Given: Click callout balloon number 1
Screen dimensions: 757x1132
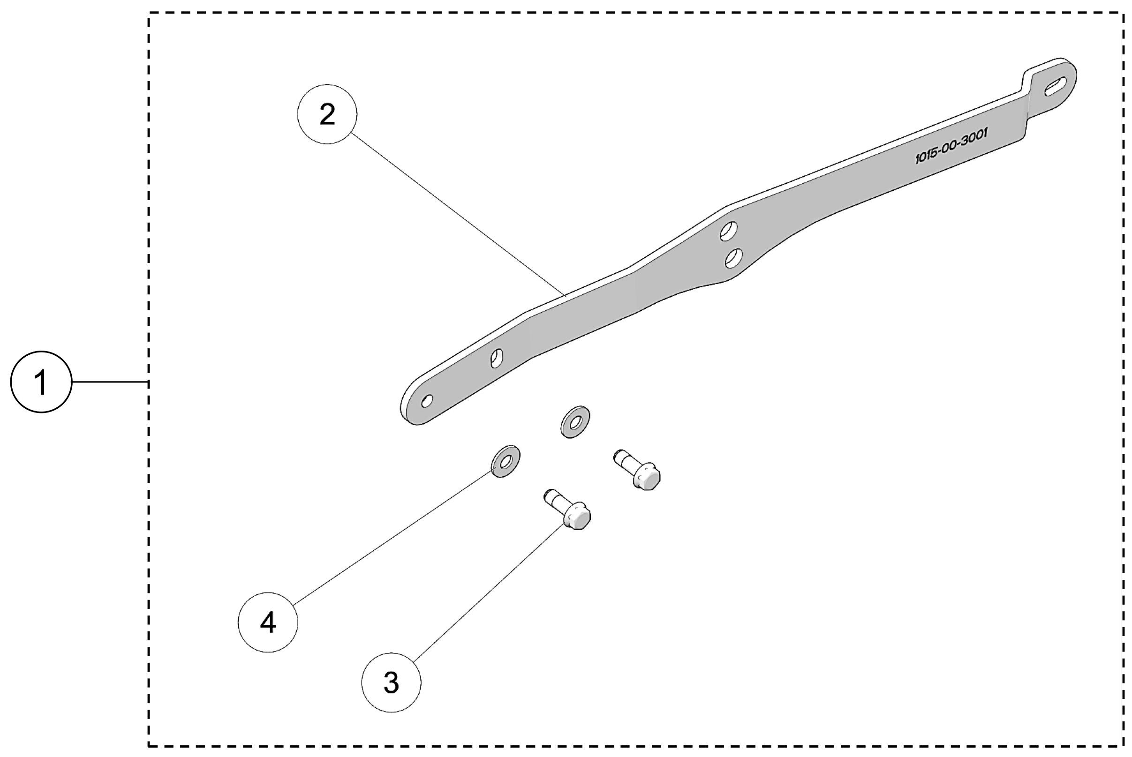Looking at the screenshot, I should pos(41,382).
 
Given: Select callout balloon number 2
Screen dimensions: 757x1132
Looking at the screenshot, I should pos(327,114).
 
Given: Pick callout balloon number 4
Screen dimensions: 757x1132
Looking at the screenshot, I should pos(268,623).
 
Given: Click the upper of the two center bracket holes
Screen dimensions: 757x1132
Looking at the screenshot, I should pos(729,231).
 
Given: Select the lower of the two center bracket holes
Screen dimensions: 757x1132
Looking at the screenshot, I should pos(734,258).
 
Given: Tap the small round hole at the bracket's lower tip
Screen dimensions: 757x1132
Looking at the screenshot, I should pos(427,401).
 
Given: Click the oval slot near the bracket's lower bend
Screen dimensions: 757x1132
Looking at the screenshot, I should pos(497,358).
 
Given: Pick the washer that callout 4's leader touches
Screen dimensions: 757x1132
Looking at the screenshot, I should pos(505,462).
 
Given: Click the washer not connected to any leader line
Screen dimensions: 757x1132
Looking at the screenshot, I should pos(575,422).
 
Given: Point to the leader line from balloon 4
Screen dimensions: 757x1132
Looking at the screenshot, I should pos(391,539).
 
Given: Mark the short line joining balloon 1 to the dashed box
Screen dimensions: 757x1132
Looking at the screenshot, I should pos(110,382).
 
